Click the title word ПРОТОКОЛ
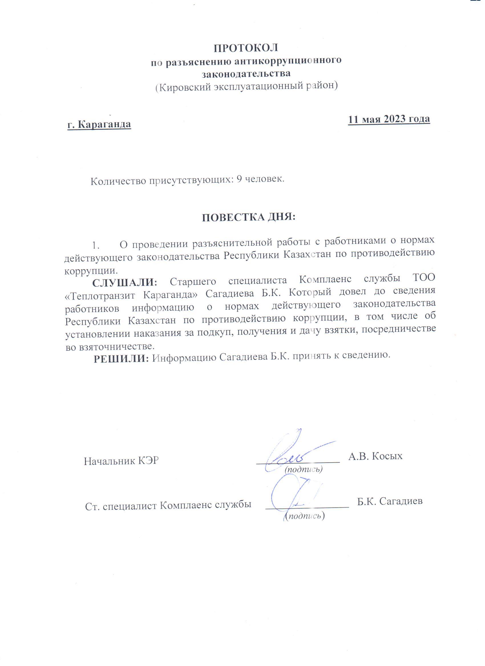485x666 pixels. tap(246, 48)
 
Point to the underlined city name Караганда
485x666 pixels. tap(105, 124)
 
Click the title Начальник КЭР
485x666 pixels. tap(121, 461)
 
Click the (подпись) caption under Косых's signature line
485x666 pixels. tap(304, 469)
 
